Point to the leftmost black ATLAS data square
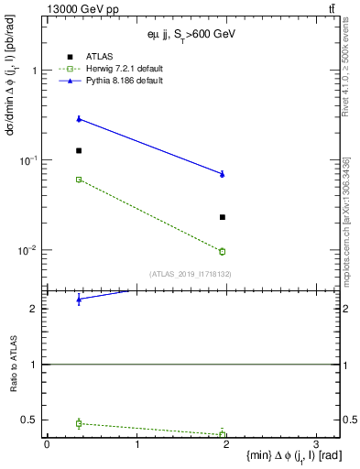pos(79,150)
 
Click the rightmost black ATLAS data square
pos(223,217)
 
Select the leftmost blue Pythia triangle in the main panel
pos(79,118)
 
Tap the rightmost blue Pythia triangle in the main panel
pos(223,173)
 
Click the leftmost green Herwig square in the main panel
pos(79,180)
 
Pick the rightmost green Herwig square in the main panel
pos(223,251)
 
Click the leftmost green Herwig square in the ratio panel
pos(79,423)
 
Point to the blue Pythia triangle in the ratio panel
pos(79,300)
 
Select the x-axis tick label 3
pos(316,446)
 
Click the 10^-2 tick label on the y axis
pos(27,250)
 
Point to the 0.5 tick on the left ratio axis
pos(32,420)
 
